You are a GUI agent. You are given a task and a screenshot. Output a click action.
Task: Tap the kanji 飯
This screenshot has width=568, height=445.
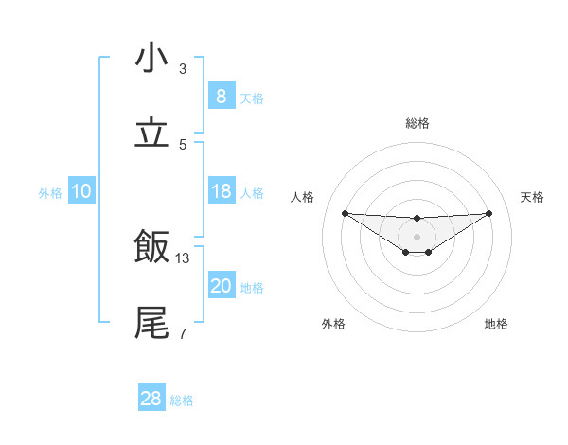tap(151, 248)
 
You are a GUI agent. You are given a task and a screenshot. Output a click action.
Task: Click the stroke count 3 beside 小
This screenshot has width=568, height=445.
tap(183, 69)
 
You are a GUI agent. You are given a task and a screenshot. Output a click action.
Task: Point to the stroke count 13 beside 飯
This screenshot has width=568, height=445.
tap(183, 258)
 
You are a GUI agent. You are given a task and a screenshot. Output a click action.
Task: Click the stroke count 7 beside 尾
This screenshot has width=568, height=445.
tap(183, 333)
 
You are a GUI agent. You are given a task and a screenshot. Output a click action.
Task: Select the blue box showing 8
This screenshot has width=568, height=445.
tap(221, 97)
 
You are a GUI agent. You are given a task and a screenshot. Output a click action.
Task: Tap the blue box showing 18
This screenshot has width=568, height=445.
tap(221, 191)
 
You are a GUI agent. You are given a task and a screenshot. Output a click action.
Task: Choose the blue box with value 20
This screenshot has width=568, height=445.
tap(221, 286)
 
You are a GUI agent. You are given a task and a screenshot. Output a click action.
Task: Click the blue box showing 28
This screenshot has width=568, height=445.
tap(151, 399)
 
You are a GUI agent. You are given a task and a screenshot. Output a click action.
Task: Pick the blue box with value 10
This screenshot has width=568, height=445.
tap(81, 191)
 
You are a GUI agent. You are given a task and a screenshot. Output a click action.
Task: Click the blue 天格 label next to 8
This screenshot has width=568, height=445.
tap(252, 98)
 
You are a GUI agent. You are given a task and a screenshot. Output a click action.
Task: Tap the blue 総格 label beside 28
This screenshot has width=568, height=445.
tap(182, 400)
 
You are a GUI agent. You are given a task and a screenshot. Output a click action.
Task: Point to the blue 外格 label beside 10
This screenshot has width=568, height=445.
tap(50, 192)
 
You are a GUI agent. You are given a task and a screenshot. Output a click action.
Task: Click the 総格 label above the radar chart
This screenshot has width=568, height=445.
tap(417, 123)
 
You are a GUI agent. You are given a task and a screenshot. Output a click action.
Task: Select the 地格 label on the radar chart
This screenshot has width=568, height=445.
tap(496, 324)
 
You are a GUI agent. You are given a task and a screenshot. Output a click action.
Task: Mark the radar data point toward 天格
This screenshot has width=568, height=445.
tap(489, 213)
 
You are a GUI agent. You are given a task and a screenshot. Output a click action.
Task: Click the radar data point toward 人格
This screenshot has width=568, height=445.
tap(345, 213)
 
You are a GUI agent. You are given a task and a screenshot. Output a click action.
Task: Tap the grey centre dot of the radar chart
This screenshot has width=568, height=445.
tap(417, 236)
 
